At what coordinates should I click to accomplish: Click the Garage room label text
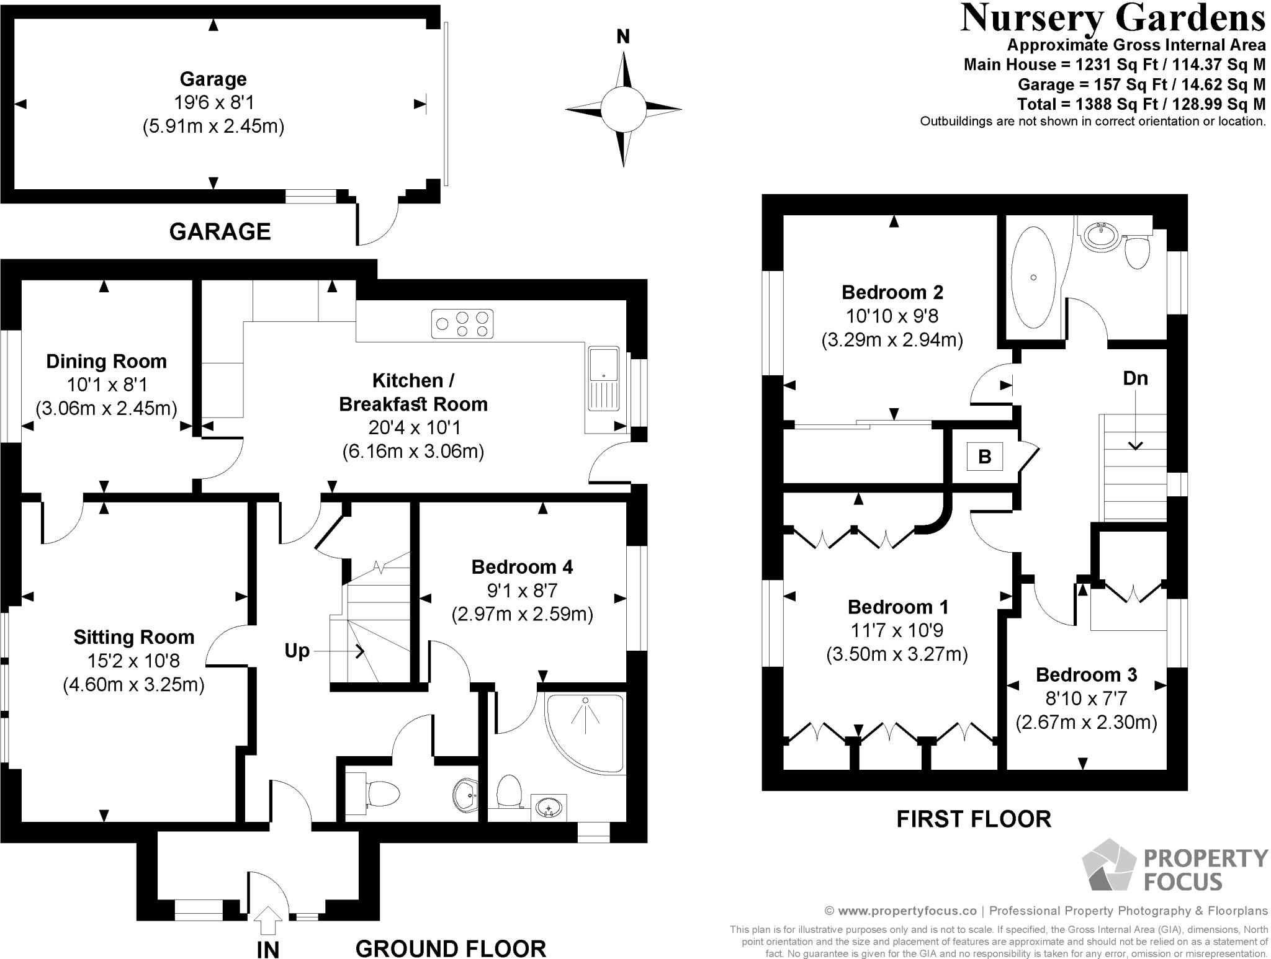click(213, 79)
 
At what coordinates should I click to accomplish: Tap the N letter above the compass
click(623, 37)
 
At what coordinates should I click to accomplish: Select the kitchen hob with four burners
click(463, 324)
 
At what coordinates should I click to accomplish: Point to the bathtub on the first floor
click(1033, 277)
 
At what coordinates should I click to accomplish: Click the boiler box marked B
click(985, 457)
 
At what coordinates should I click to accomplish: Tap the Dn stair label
click(1135, 378)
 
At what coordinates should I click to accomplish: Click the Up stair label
click(297, 651)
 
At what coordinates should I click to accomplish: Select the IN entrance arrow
click(267, 920)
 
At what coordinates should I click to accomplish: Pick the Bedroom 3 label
click(1086, 675)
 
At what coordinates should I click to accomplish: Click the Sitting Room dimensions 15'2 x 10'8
click(134, 661)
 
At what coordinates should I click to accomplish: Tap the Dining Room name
click(106, 362)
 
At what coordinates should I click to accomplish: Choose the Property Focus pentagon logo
click(1110, 865)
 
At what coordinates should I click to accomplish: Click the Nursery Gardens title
click(1113, 17)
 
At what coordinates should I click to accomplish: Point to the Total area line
click(1141, 104)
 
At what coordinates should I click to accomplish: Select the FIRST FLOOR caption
click(974, 819)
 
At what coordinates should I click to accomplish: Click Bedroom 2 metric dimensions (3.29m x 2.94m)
click(892, 340)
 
